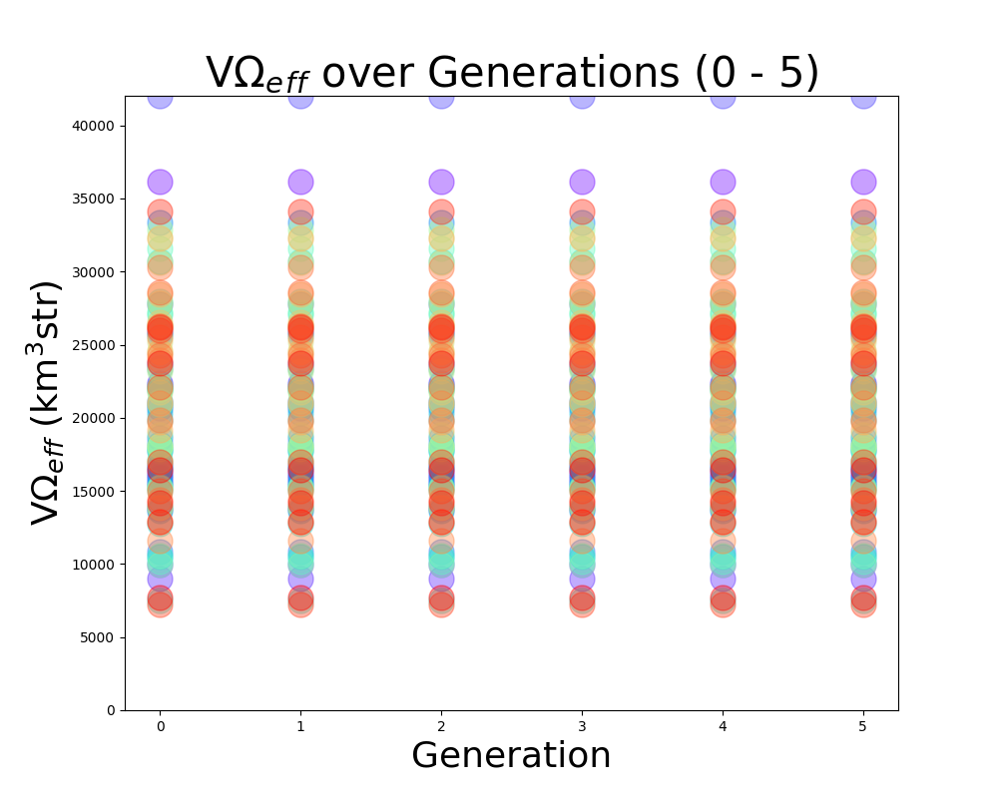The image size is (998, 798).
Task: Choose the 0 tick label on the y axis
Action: click(x=111, y=710)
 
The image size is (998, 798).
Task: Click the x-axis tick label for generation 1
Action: click(x=300, y=726)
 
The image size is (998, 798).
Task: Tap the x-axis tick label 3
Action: click(x=582, y=726)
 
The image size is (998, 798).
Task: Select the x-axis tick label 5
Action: click(x=863, y=726)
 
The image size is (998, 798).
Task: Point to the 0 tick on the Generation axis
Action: click(x=160, y=726)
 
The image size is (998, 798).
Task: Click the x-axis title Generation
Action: click(x=511, y=756)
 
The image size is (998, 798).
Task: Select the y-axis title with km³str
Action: click(x=47, y=401)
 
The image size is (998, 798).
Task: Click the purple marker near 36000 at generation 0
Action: click(x=160, y=182)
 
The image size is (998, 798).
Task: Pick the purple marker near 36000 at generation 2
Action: click(x=441, y=182)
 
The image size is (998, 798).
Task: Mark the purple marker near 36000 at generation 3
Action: click(x=582, y=182)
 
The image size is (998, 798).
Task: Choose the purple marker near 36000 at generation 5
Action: click(x=863, y=182)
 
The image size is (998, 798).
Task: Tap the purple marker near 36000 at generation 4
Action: click(x=723, y=182)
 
